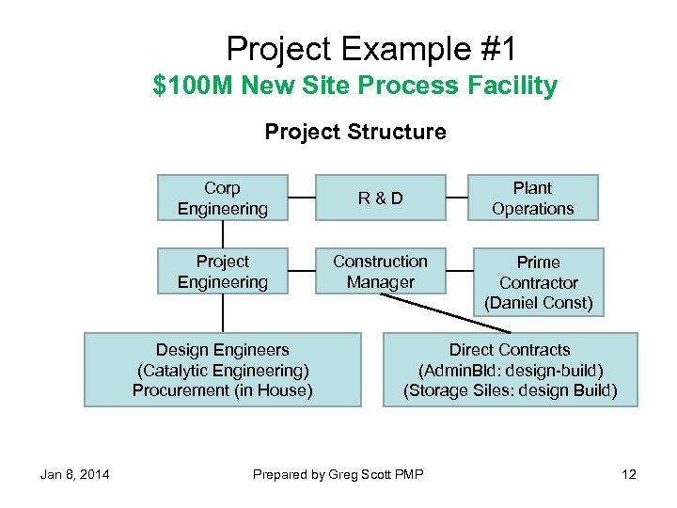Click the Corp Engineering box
tap(222, 198)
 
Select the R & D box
tap(380, 198)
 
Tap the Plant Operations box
tap(532, 198)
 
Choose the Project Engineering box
tap(222, 271)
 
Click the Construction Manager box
tap(380, 271)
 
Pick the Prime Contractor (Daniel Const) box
tap(538, 282)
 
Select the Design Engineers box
tap(223, 370)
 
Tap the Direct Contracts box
tap(510, 370)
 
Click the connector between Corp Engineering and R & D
tap(301, 198)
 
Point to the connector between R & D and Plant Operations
tap(456, 198)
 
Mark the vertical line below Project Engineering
tap(223, 313)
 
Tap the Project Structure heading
tap(355, 132)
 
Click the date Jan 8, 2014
tap(74, 474)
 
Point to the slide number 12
tap(629, 474)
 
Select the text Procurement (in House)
tap(223, 390)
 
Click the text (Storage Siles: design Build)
tap(510, 390)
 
